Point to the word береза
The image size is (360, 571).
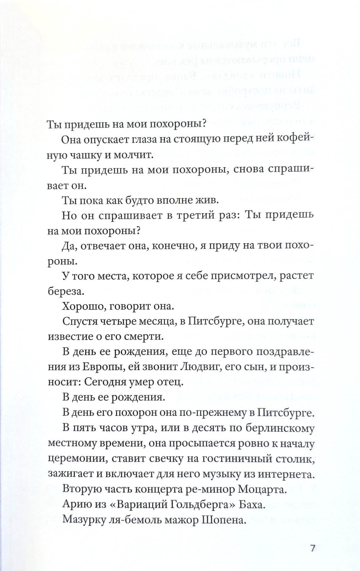click(x=66, y=291)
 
